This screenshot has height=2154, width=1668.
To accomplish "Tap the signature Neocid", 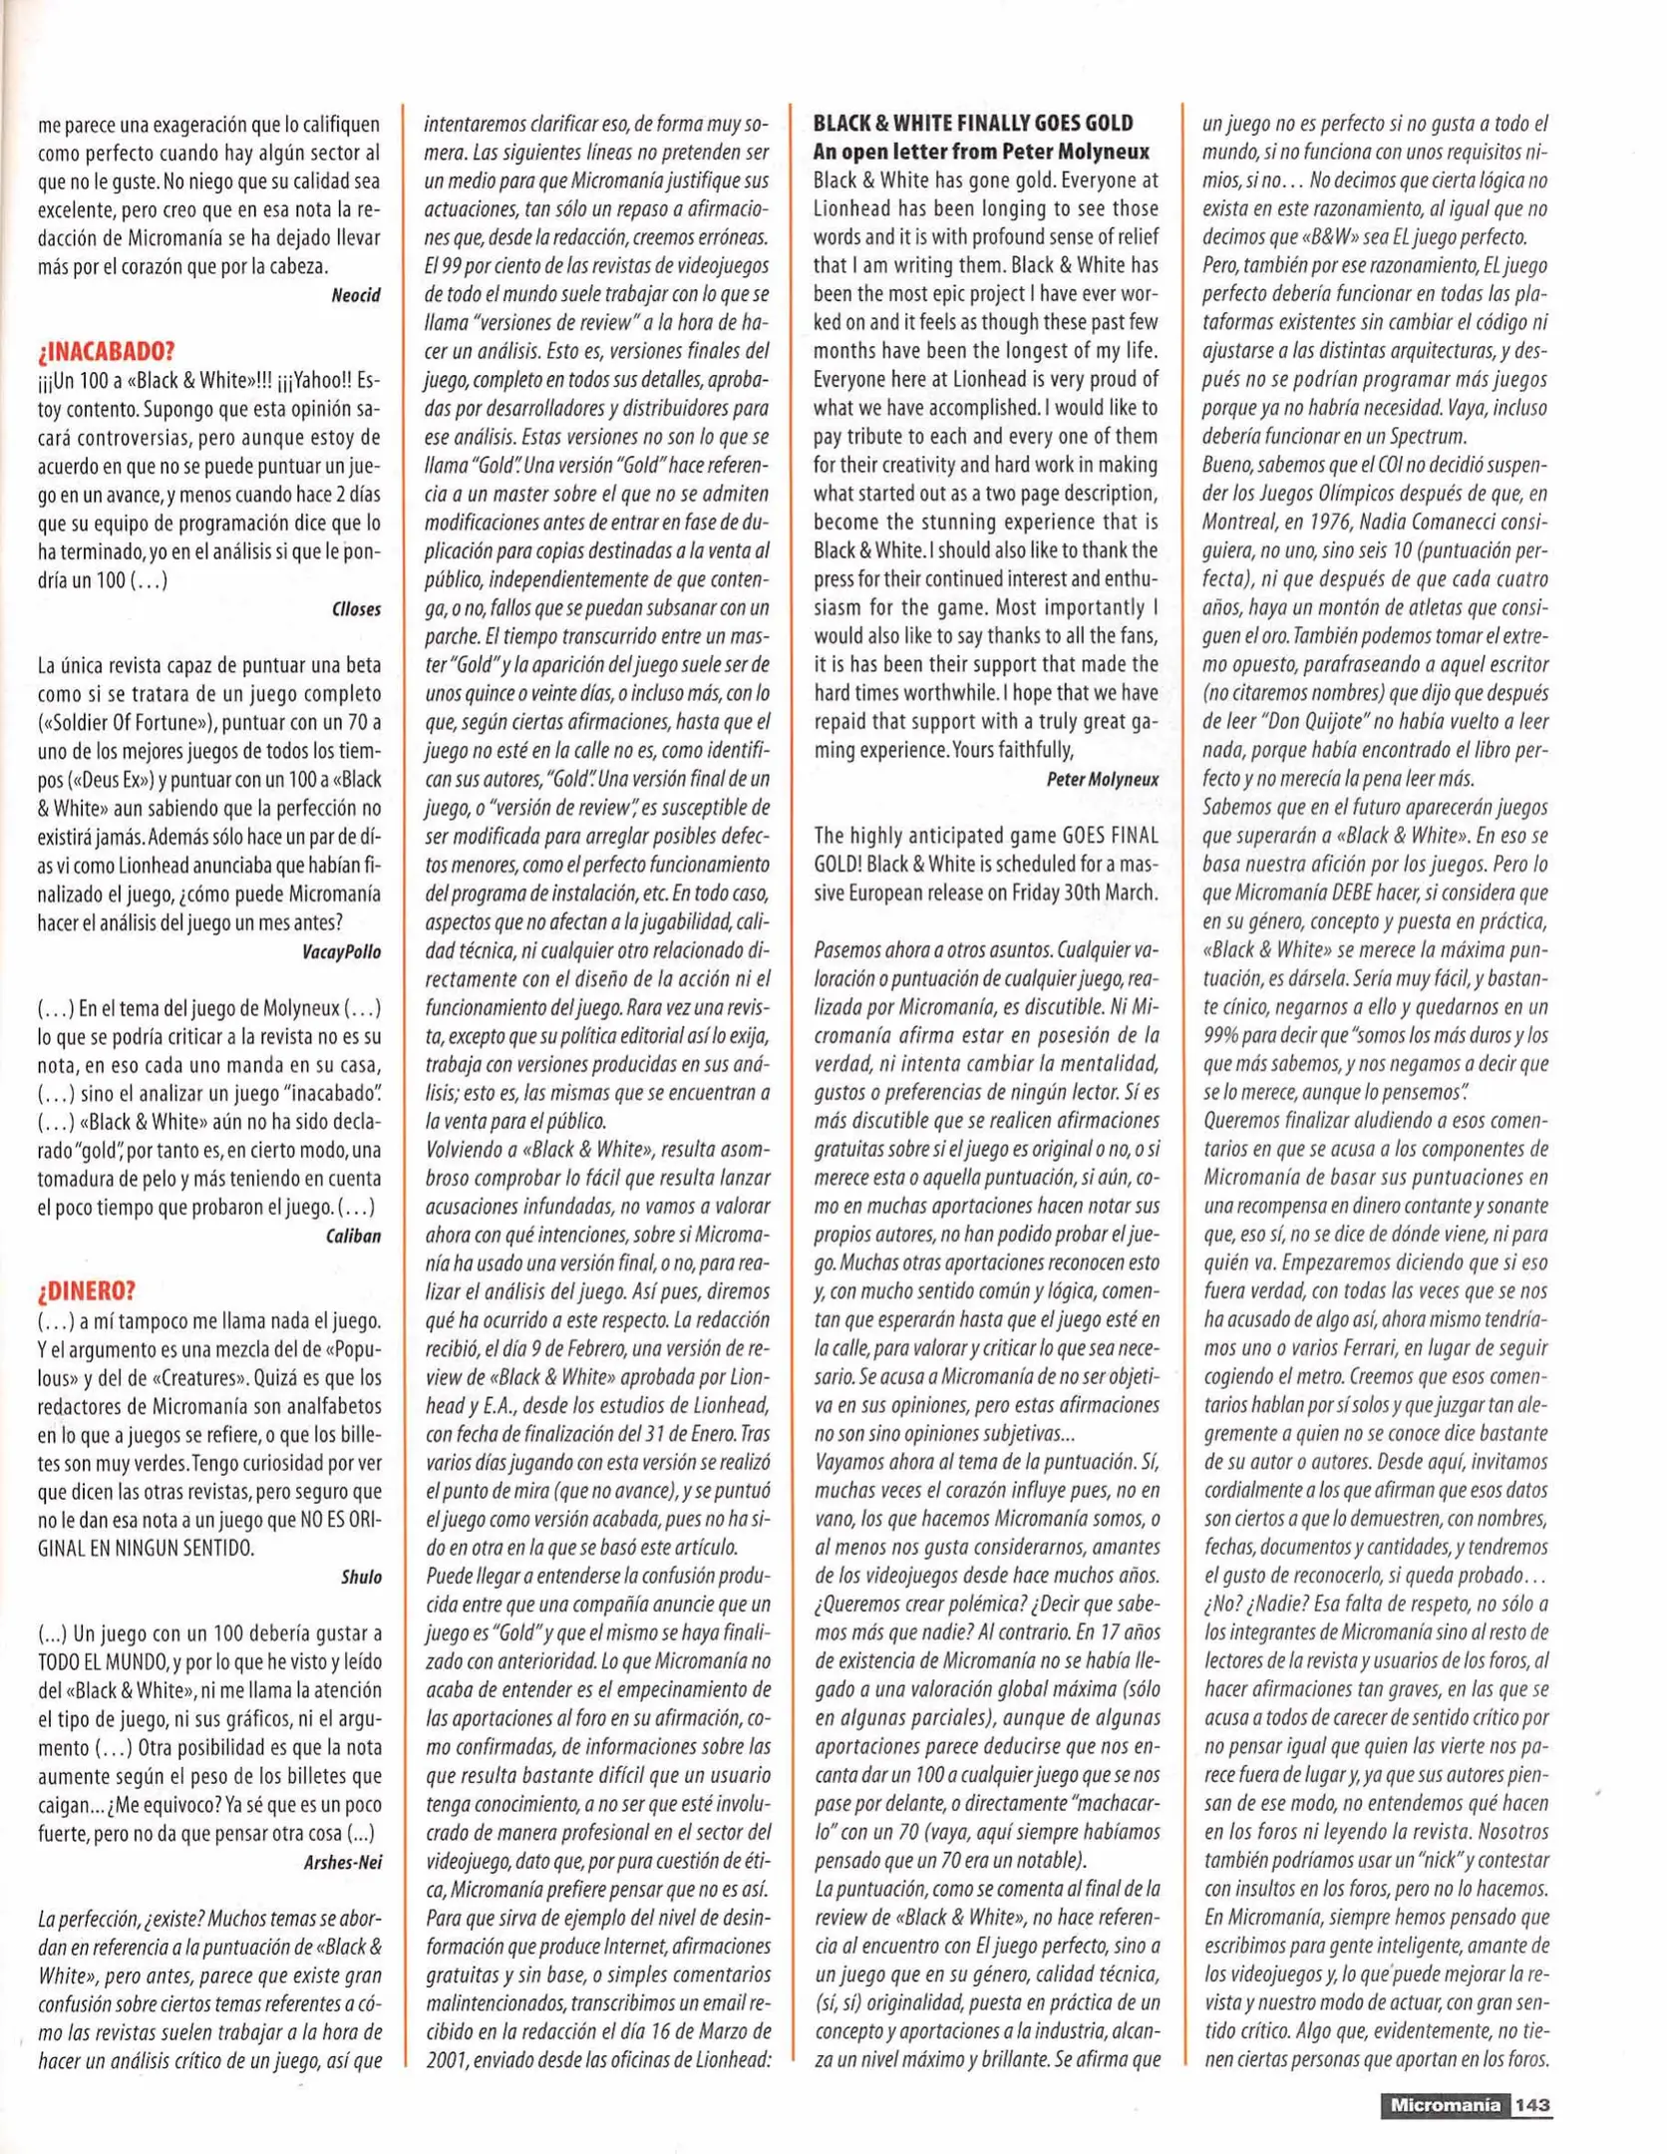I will click(x=356, y=295).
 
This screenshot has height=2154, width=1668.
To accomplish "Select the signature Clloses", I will click(x=356, y=609).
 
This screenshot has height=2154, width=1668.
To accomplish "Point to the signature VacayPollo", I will click(x=341, y=951).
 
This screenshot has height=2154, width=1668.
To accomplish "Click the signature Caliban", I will click(x=353, y=1237).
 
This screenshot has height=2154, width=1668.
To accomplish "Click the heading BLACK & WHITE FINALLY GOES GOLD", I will click(x=973, y=124).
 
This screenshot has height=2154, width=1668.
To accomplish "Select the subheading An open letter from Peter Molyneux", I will click(x=981, y=153).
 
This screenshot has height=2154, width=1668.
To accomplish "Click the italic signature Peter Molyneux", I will click(x=1102, y=780).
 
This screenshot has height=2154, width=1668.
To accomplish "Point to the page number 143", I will click(x=1532, y=2105).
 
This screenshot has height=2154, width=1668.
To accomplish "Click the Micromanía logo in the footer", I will click(x=1445, y=2105).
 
